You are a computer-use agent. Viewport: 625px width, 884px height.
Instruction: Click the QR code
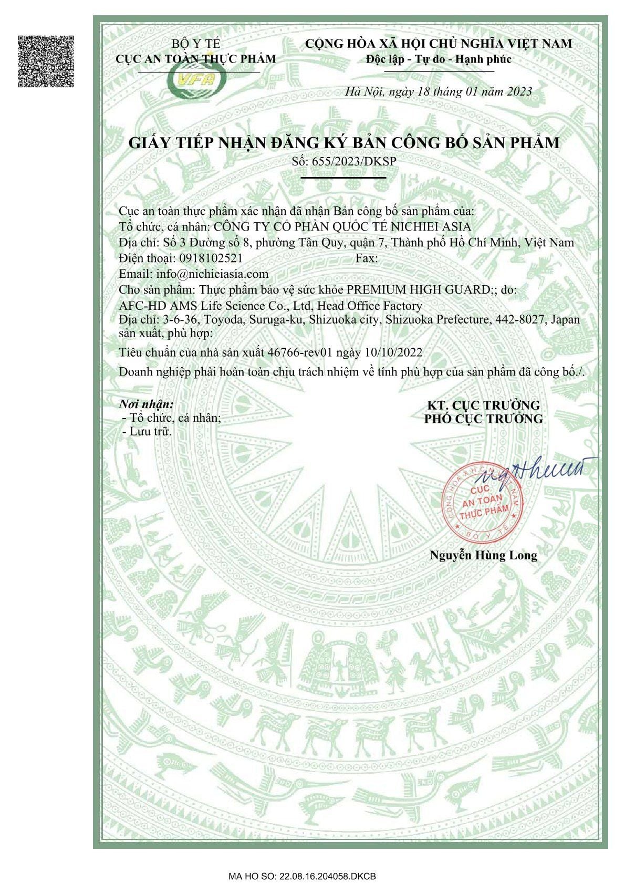coord(46,61)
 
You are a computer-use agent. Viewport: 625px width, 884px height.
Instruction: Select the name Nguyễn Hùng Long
coord(483,555)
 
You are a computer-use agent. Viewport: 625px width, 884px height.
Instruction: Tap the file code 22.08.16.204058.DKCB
coord(328,877)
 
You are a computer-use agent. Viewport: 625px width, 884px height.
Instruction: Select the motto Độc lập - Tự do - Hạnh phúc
coord(439,59)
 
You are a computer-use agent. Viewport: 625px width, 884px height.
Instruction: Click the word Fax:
coord(367,258)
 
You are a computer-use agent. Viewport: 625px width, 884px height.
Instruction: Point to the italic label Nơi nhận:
coord(146,404)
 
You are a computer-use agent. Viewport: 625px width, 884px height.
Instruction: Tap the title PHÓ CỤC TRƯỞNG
coord(483,419)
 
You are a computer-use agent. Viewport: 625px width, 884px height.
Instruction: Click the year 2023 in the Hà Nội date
coord(519,92)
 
